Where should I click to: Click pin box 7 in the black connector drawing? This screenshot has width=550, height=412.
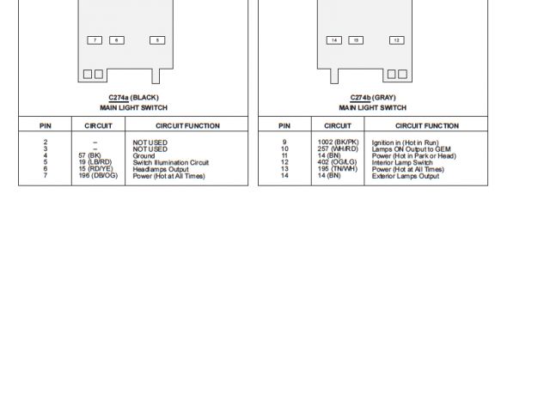click(x=95, y=40)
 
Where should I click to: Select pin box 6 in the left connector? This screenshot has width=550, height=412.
click(x=117, y=40)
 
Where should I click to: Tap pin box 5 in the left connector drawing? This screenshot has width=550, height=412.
click(x=156, y=40)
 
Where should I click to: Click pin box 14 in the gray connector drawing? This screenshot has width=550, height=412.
click(x=334, y=40)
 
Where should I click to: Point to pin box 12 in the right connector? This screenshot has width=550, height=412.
click(x=396, y=40)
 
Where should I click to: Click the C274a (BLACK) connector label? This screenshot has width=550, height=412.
click(x=133, y=98)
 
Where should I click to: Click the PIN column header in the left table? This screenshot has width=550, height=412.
click(x=46, y=126)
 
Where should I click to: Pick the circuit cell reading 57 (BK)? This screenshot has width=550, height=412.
click(x=89, y=156)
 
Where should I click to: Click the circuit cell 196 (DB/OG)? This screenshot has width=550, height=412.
click(x=98, y=177)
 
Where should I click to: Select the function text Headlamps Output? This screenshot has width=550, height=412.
click(x=161, y=170)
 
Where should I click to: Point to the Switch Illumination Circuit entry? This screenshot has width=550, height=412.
click(x=170, y=163)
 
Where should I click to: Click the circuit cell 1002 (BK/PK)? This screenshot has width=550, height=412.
click(x=338, y=142)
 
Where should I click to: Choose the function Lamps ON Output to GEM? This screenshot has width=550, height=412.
click(x=411, y=149)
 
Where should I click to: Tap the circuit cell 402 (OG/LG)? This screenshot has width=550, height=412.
click(x=336, y=163)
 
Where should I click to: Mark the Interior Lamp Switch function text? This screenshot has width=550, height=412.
click(x=402, y=163)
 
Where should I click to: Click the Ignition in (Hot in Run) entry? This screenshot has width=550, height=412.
click(x=405, y=142)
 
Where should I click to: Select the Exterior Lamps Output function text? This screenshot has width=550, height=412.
click(x=405, y=177)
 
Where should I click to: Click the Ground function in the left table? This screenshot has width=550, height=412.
click(x=144, y=156)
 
